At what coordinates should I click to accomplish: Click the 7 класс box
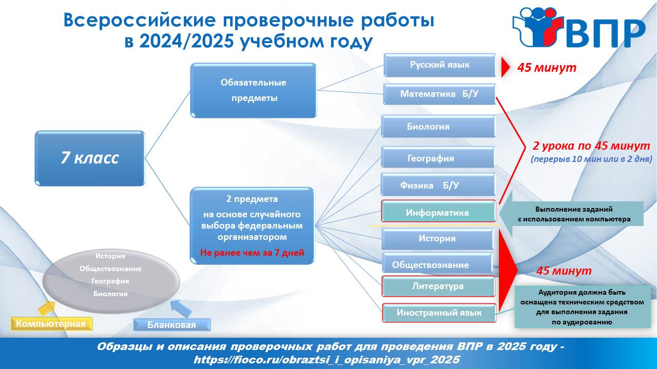click(x=90, y=158)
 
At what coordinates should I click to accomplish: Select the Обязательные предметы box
click(x=254, y=91)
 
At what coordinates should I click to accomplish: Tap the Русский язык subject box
click(x=439, y=65)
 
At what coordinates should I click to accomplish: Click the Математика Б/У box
click(x=439, y=94)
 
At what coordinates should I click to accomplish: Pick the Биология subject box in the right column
click(x=438, y=127)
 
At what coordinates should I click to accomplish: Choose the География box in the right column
click(x=438, y=158)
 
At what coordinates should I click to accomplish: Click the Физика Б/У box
click(x=438, y=185)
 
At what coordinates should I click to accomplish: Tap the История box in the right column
click(x=437, y=239)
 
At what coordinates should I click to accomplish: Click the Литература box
click(x=438, y=286)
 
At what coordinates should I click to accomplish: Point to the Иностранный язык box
click(x=439, y=313)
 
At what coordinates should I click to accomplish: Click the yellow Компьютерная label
click(x=51, y=323)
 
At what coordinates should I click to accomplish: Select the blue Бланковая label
click(x=172, y=325)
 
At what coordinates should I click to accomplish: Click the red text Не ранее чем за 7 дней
click(x=252, y=253)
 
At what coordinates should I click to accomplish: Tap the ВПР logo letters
click(x=606, y=34)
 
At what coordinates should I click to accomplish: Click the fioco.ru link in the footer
click(x=326, y=360)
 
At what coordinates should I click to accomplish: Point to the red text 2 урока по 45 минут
click(x=591, y=146)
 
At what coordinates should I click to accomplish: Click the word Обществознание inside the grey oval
click(x=110, y=269)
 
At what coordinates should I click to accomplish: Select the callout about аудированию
click(x=583, y=307)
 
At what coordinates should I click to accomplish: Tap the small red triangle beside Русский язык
click(x=506, y=67)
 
